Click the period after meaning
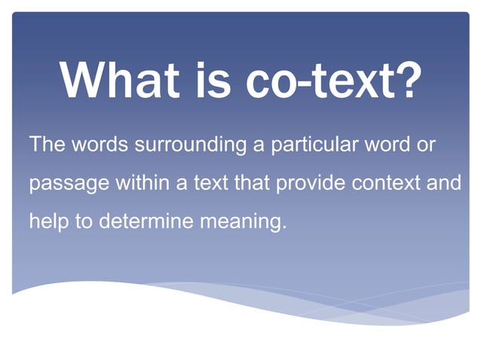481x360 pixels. click(286, 227)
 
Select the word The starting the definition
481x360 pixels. click(47, 144)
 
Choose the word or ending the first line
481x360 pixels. click(425, 145)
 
